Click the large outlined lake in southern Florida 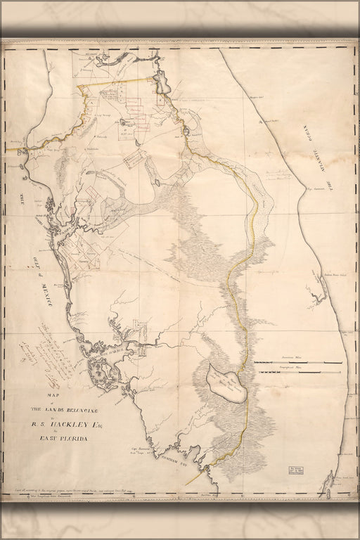pyautogui.click(x=226, y=384)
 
